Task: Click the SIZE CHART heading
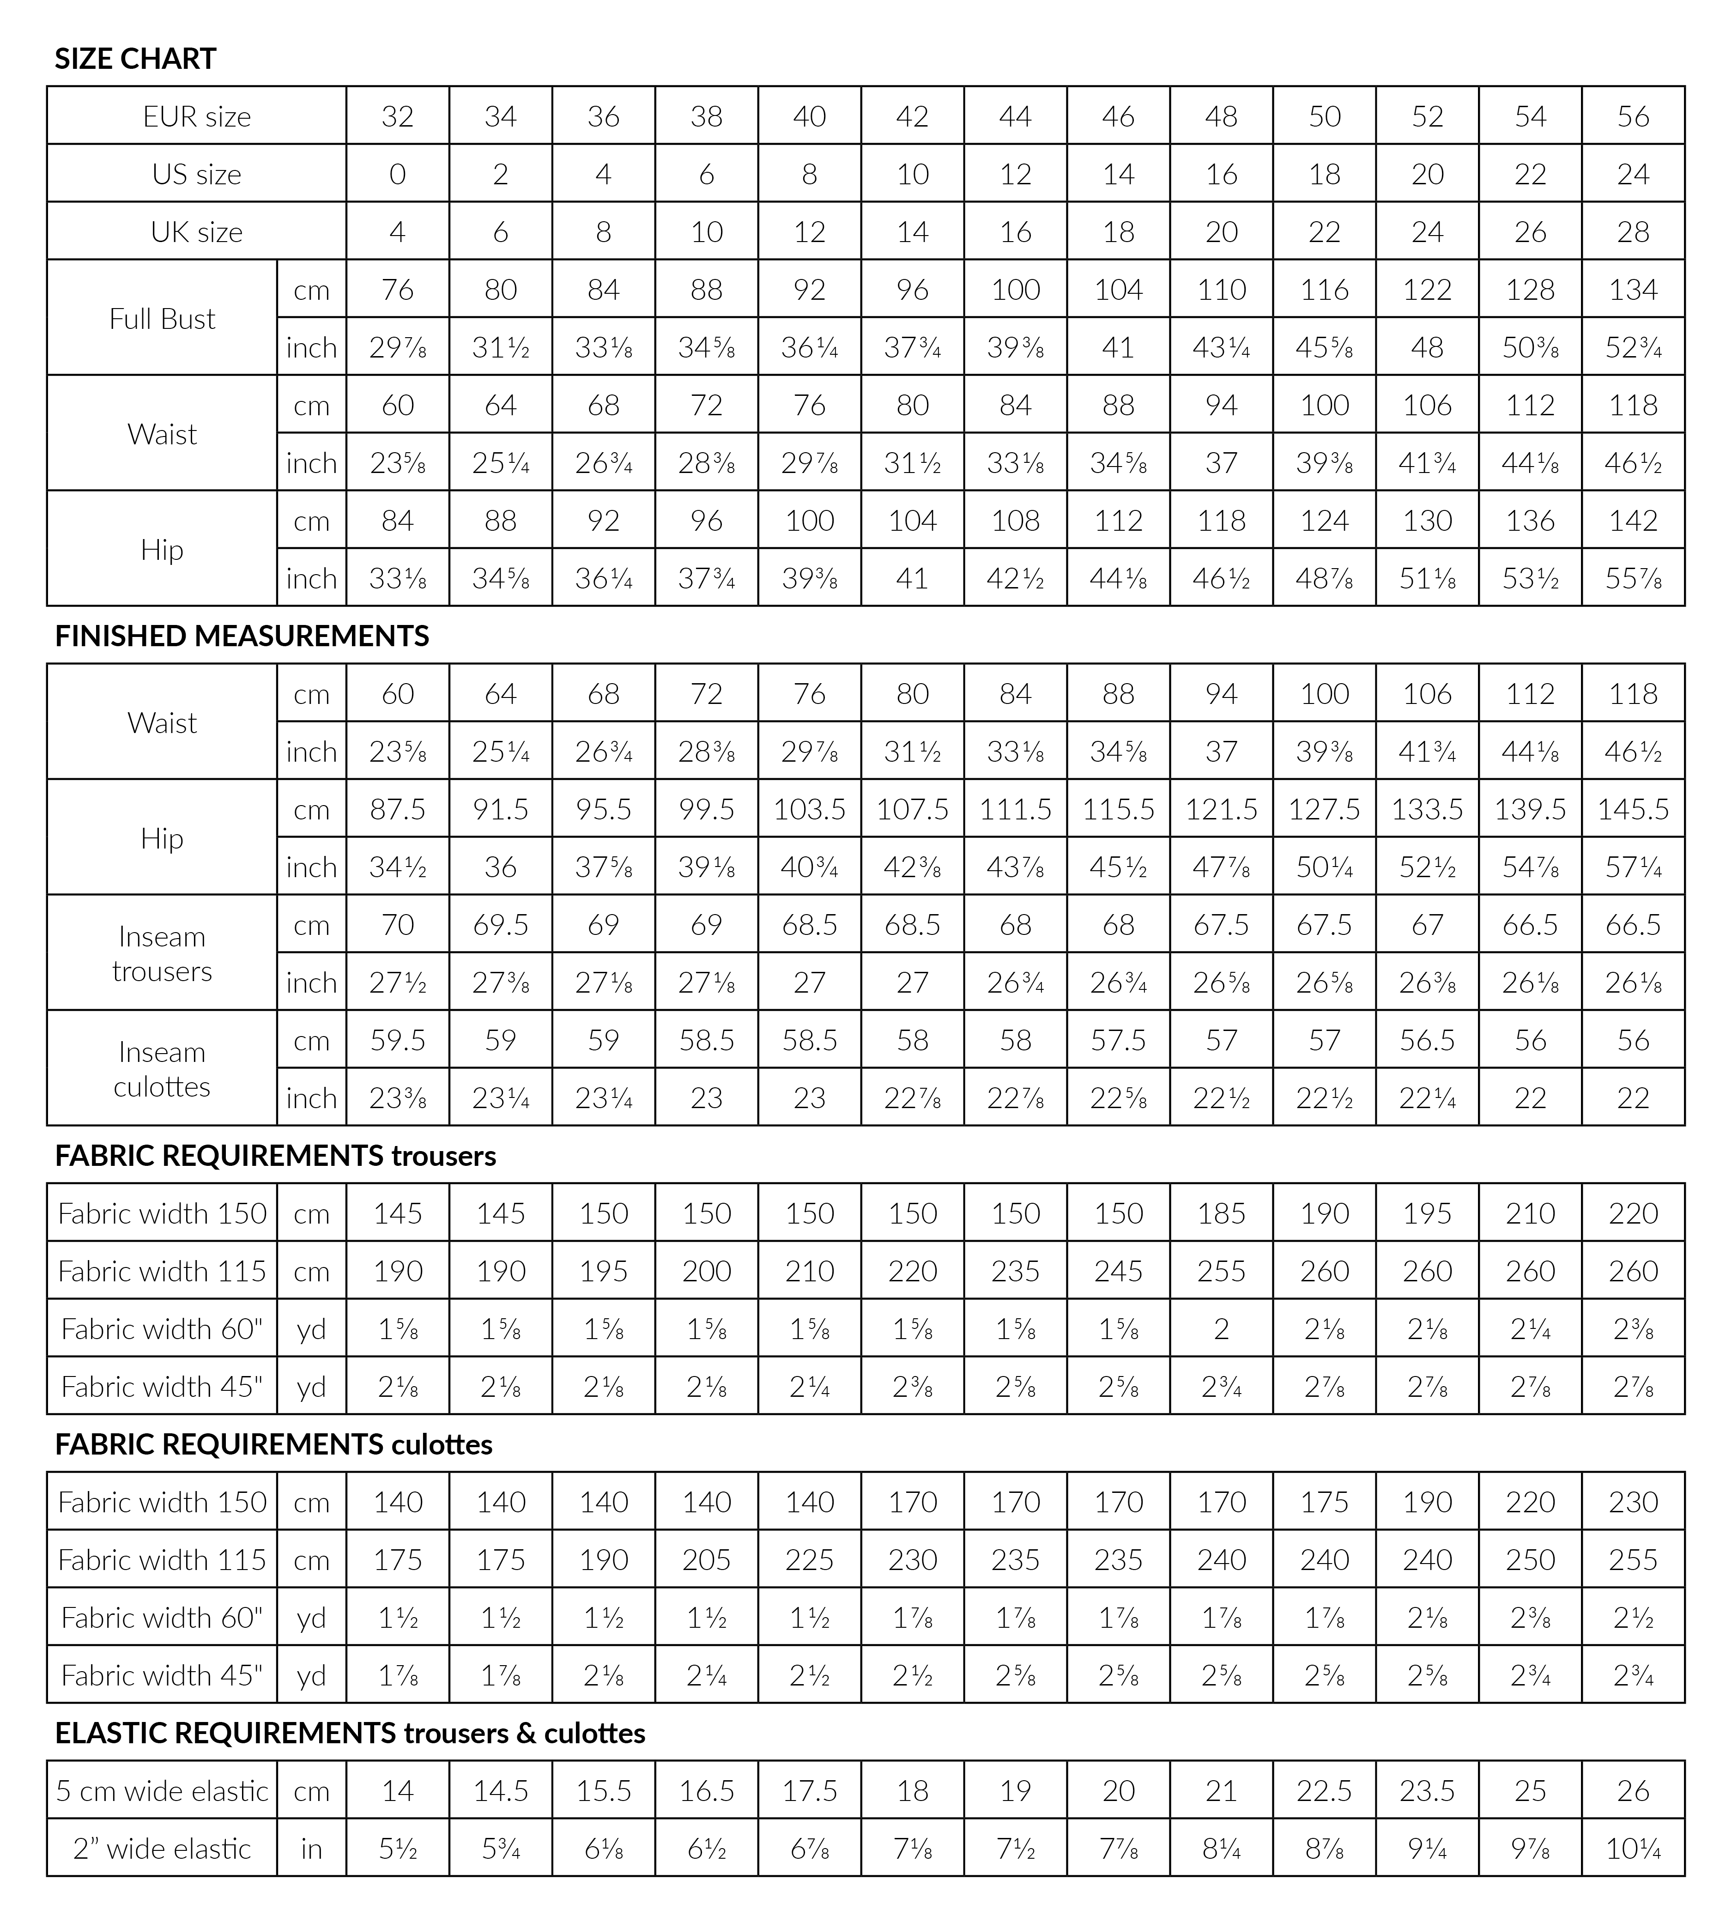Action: (135, 59)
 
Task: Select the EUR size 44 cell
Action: (1015, 116)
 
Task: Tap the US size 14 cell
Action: (1118, 174)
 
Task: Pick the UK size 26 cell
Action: (1530, 232)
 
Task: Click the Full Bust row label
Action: (162, 319)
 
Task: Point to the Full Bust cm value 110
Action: (1221, 289)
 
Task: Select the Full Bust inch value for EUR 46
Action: (1118, 347)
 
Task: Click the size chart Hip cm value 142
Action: (1633, 521)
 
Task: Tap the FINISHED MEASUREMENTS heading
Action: (242, 636)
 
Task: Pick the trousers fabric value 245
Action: (1118, 1271)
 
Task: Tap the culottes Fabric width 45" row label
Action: (162, 1675)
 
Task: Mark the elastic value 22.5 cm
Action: (1324, 1791)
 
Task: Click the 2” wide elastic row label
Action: (162, 1849)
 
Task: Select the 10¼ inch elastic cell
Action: (1633, 1849)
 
